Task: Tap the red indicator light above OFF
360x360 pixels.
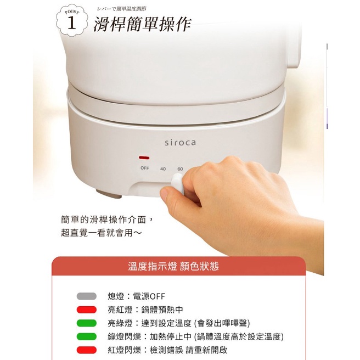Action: [x=144, y=157]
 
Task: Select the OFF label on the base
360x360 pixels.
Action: [x=145, y=168]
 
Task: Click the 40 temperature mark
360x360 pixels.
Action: [x=163, y=168]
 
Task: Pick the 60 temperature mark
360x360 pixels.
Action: [x=180, y=168]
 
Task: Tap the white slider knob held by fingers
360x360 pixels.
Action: [x=177, y=182]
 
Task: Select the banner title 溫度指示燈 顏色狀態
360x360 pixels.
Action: [x=173, y=267]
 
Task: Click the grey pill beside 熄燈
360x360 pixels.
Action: [x=86, y=296]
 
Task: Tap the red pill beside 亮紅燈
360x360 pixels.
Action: [x=86, y=310]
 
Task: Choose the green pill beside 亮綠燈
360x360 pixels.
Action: [x=86, y=323]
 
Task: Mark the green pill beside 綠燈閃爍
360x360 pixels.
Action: [x=86, y=336]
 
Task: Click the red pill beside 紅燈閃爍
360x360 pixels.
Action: [x=86, y=350]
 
